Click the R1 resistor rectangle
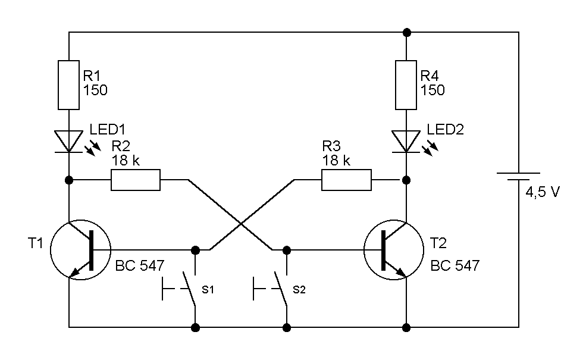(69, 85)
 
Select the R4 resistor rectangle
(406, 85)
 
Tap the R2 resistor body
(136, 180)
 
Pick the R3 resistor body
(346, 180)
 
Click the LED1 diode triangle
(69, 141)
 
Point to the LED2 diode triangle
(406, 141)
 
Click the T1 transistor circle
(51, 250)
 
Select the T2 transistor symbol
(393, 250)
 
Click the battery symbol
(518, 176)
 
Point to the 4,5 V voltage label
(543, 192)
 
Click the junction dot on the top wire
(407, 33)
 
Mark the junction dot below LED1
(69, 180)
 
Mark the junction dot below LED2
(406, 180)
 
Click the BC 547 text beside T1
(140, 265)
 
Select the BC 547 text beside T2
(455, 265)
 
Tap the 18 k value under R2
(126, 161)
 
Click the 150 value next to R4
(433, 90)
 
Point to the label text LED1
(107, 129)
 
